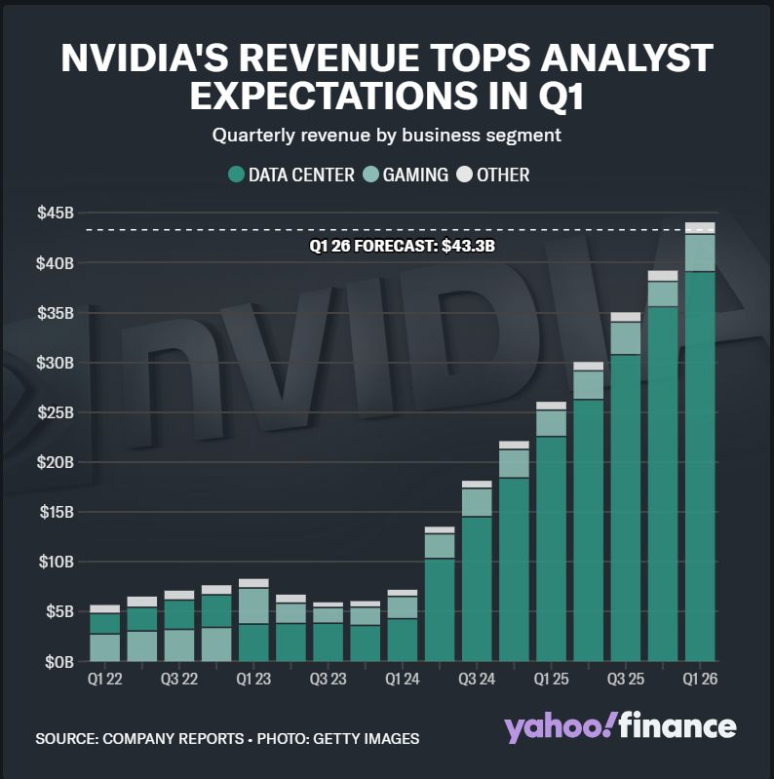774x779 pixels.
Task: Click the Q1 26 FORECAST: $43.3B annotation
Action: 402,246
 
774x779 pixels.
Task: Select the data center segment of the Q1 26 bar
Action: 700,468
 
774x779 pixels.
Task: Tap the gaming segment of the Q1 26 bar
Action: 700,253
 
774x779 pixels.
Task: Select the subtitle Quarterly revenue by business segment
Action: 387,135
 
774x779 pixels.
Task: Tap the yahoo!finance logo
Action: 620,727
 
